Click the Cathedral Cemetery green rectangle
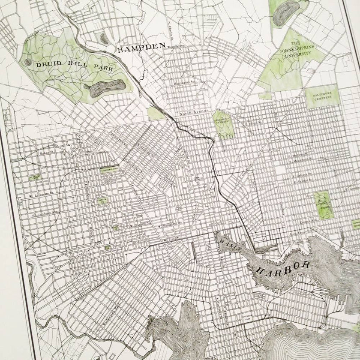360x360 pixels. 109,171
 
